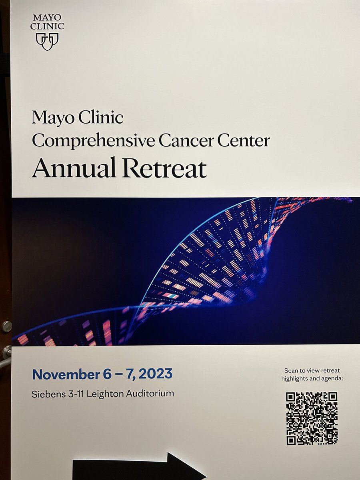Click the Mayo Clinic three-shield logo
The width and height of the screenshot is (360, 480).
tap(47, 41)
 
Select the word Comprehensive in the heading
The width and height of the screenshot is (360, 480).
tap(84, 141)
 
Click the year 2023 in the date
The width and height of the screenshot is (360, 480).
tap(157, 374)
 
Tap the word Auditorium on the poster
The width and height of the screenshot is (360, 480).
tap(151, 394)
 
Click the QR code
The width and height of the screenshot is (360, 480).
tap(312, 418)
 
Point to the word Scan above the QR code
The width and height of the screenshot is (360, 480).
tap(291, 370)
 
